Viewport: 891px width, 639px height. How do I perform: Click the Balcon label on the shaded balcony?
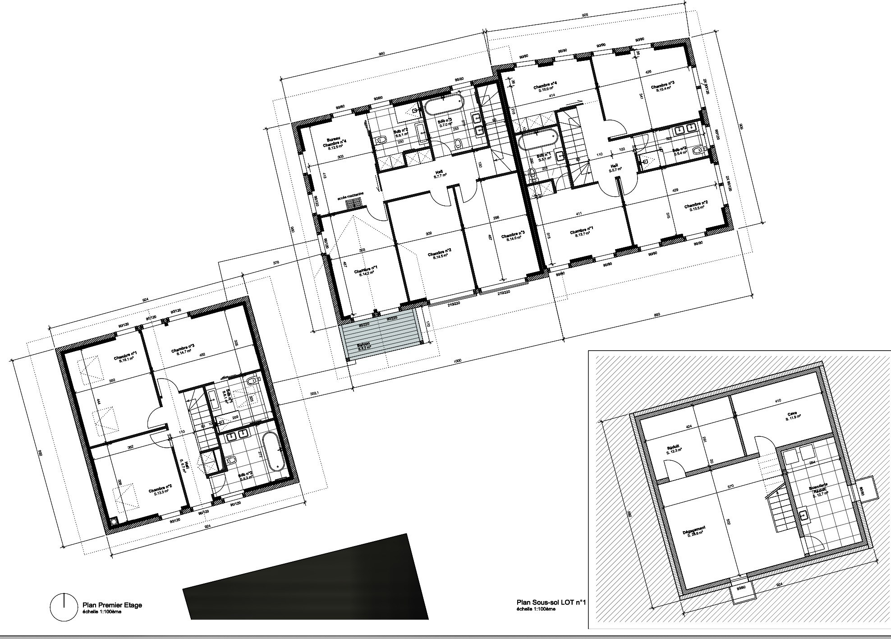(364, 346)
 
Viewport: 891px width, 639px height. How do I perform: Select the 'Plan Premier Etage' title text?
(112, 605)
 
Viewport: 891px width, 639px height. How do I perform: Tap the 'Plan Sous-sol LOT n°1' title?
(551, 602)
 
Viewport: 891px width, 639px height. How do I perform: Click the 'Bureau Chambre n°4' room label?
(334, 143)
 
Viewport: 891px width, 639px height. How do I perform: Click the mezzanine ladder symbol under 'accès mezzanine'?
(354, 203)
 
